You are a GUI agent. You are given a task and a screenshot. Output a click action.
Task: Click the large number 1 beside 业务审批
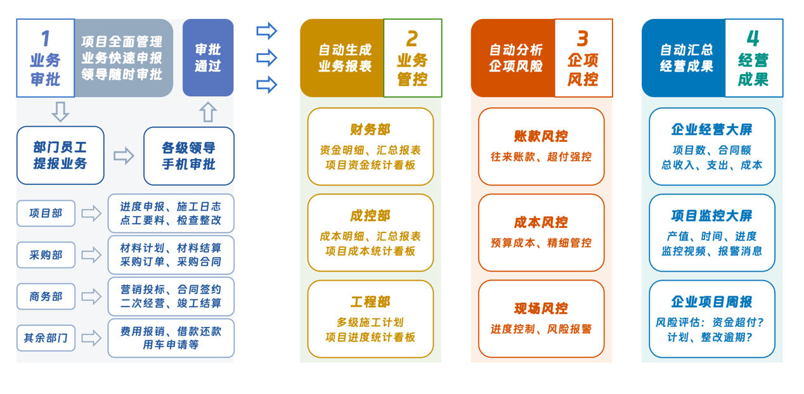click(x=45, y=39)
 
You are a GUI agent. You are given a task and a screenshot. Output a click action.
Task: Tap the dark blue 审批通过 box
click(x=208, y=58)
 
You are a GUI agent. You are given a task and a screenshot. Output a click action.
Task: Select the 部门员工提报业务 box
click(x=60, y=155)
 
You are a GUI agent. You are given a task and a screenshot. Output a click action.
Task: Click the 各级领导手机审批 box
click(x=188, y=156)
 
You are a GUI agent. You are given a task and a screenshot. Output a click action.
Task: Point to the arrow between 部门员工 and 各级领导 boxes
click(x=124, y=156)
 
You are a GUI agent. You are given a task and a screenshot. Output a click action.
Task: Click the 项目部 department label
click(x=46, y=213)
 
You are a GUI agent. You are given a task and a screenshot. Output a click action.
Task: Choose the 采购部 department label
click(x=46, y=255)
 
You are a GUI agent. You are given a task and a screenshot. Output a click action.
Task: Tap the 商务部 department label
click(x=46, y=296)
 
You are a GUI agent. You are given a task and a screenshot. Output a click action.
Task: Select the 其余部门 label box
click(x=46, y=338)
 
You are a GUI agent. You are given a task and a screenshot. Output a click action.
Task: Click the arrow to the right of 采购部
click(x=91, y=255)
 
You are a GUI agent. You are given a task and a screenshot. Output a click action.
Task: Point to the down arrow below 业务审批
click(x=60, y=112)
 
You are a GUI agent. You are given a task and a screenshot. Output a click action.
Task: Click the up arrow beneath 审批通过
click(x=208, y=112)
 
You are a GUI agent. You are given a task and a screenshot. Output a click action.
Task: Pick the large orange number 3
click(x=583, y=39)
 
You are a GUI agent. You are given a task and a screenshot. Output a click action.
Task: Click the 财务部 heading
click(x=370, y=130)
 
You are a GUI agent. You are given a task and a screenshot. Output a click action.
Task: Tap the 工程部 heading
click(x=370, y=302)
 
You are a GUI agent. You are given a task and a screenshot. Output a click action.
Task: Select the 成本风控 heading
click(x=541, y=222)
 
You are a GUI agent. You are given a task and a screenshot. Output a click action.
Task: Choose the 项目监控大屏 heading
click(x=711, y=215)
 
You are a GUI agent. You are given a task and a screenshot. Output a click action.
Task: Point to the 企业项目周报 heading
click(x=711, y=302)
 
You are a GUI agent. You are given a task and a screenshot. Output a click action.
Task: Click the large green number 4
click(x=753, y=39)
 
